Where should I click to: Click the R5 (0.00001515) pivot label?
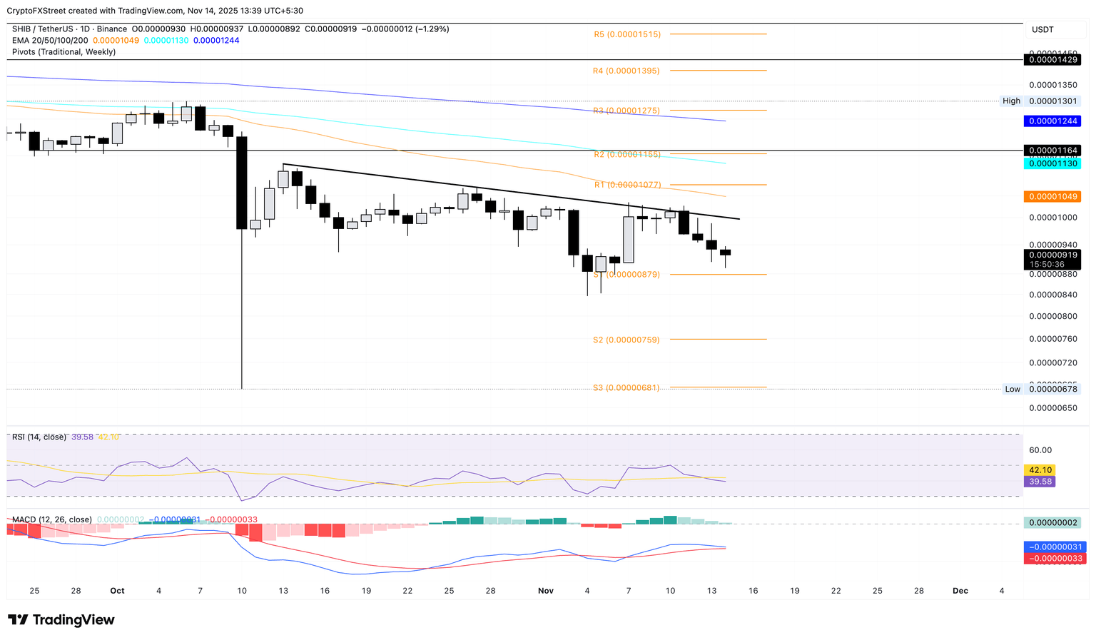[627, 34]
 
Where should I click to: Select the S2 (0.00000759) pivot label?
[626, 340]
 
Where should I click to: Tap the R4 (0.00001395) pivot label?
[626, 71]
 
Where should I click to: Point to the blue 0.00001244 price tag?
[1052, 121]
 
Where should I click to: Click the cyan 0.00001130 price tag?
[1052, 163]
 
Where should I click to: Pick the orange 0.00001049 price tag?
[1052, 196]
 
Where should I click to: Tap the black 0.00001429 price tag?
[1052, 60]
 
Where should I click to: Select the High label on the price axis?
[1011, 101]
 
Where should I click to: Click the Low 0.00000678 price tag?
[1052, 389]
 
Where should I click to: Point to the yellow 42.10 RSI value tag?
[1039, 470]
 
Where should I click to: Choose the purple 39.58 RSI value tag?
[1039, 482]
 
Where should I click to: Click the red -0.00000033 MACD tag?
[1052, 559]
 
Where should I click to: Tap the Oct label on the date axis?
[117, 591]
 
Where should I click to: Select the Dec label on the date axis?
[960, 591]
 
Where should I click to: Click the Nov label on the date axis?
[546, 591]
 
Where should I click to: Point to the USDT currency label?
[1042, 29]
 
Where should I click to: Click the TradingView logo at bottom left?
[61, 620]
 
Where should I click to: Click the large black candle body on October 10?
[242, 183]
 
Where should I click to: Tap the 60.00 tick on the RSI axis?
[1040, 450]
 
